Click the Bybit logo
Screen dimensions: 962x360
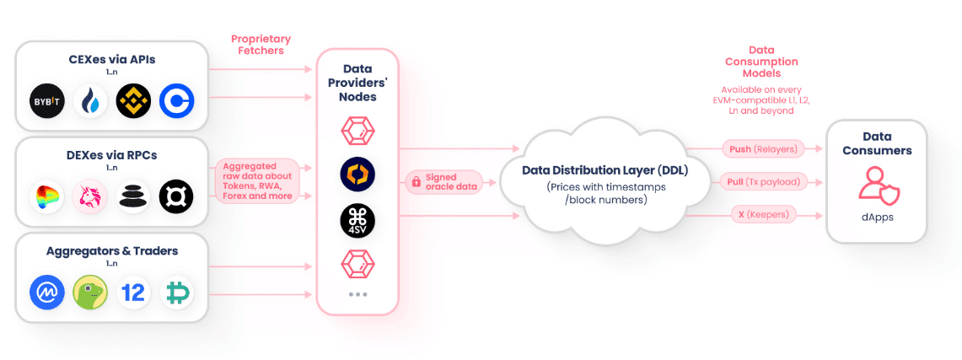[x=47, y=100]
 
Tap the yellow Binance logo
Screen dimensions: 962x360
[x=133, y=100]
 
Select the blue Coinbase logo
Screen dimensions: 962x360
[x=177, y=100]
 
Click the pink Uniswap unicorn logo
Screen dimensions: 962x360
[x=90, y=196]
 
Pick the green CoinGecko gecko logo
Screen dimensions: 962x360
[x=90, y=292]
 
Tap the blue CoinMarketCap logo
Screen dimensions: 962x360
[x=47, y=292]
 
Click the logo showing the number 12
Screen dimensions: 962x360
[x=133, y=292]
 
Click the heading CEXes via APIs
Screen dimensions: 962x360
[x=112, y=60]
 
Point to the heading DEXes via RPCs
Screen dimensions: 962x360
[x=112, y=155]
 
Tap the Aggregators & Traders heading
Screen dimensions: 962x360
[x=112, y=251]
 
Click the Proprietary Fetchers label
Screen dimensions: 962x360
[x=261, y=45]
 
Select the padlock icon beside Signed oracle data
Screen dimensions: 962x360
[x=417, y=182]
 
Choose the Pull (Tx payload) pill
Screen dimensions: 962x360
[x=764, y=181]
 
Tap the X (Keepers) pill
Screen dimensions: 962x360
[x=764, y=215]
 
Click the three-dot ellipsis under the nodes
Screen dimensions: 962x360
[x=357, y=294]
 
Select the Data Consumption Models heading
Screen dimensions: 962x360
[x=761, y=62]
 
